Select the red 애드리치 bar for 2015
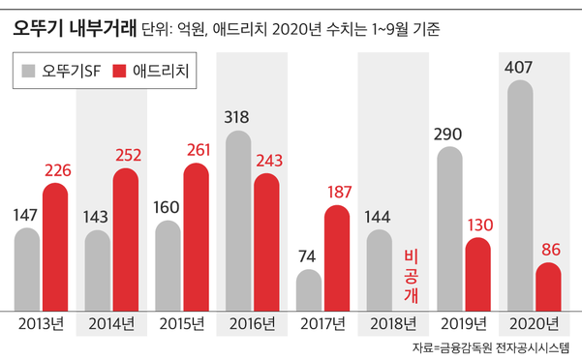coord(196,237)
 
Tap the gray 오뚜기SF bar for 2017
coord(308,290)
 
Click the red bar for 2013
coord(55,247)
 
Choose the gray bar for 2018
coord(379,270)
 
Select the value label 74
coord(308,256)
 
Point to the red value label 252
coord(127,154)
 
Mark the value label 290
coord(449,132)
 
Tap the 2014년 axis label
coord(110,323)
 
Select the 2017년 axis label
coord(322,323)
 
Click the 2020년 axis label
coord(535,323)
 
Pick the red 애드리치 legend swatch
coord(120,71)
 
